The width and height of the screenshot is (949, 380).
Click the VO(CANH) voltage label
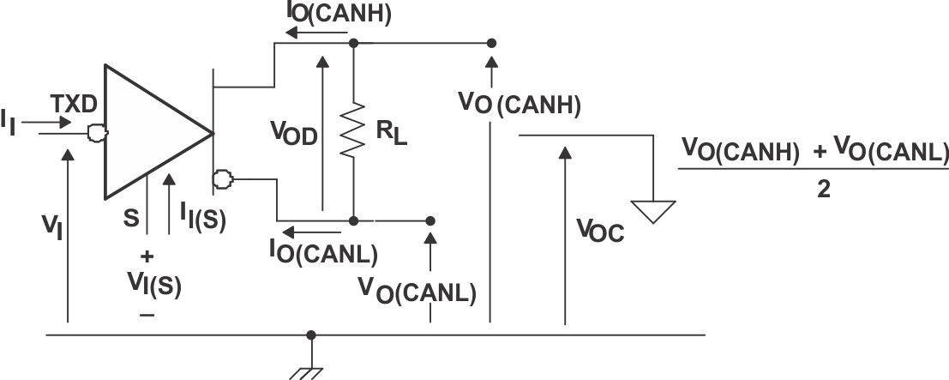[x=520, y=104]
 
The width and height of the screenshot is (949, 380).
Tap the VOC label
[x=600, y=229]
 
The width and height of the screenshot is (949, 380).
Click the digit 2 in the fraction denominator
[x=823, y=190]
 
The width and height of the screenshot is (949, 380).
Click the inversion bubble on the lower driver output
[x=223, y=179]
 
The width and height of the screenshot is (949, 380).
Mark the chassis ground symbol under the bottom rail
[x=310, y=371]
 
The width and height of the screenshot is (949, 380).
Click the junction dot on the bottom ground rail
[x=310, y=335]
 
